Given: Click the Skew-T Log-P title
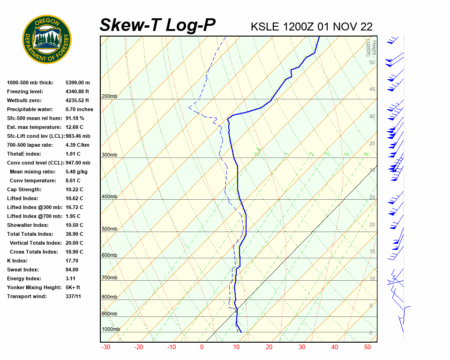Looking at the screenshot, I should (x=158, y=25).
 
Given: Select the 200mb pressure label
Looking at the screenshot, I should (x=109, y=97).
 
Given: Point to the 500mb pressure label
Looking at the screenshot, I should (x=109, y=229).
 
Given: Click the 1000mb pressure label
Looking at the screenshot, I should (x=111, y=330).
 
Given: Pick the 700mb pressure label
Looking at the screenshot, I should (x=109, y=278).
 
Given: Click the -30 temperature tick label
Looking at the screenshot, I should (x=106, y=347).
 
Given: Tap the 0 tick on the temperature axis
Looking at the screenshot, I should (x=202, y=347).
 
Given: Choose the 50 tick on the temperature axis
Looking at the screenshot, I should (x=367, y=347).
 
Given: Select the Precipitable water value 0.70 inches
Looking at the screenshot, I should (x=79, y=109).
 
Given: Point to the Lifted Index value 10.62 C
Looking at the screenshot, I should (x=75, y=198).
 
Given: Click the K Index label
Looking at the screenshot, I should (x=18, y=261).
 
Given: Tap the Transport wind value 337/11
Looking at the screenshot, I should (x=74, y=296).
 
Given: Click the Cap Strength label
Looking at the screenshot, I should (x=24, y=189).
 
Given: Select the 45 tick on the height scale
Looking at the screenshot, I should (x=372, y=90).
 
